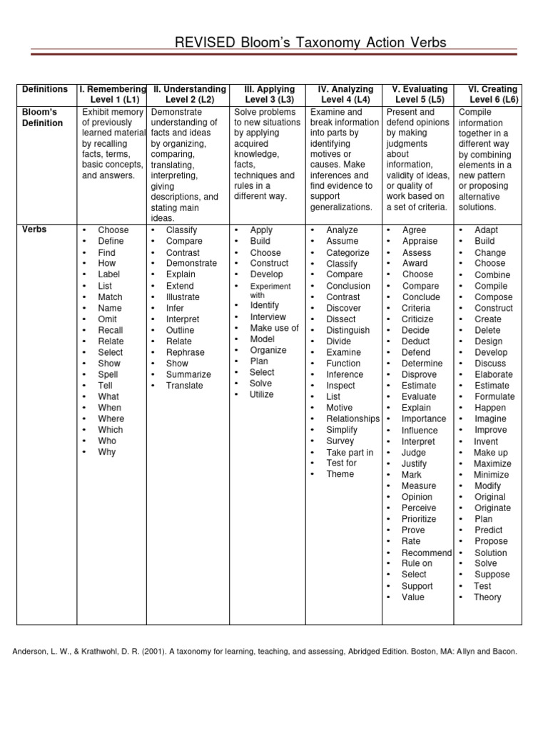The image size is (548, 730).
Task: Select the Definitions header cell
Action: pos(45,89)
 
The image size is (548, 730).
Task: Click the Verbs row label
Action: pos(34,230)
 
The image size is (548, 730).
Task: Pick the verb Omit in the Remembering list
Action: pos(108,319)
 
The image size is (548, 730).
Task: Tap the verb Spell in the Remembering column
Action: pos(108,374)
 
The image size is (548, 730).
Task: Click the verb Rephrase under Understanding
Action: pos(185,352)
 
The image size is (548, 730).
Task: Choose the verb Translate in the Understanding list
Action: pos(184,386)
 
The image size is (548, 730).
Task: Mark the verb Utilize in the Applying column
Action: pos(261,394)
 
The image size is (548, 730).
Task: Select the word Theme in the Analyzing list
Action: pos(340,474)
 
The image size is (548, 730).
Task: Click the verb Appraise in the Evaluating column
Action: pos(420,241)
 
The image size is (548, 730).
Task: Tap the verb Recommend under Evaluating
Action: pos(427,552)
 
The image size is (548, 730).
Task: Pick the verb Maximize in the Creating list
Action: pos(492,463)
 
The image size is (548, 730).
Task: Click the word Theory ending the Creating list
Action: pos(487,597)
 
